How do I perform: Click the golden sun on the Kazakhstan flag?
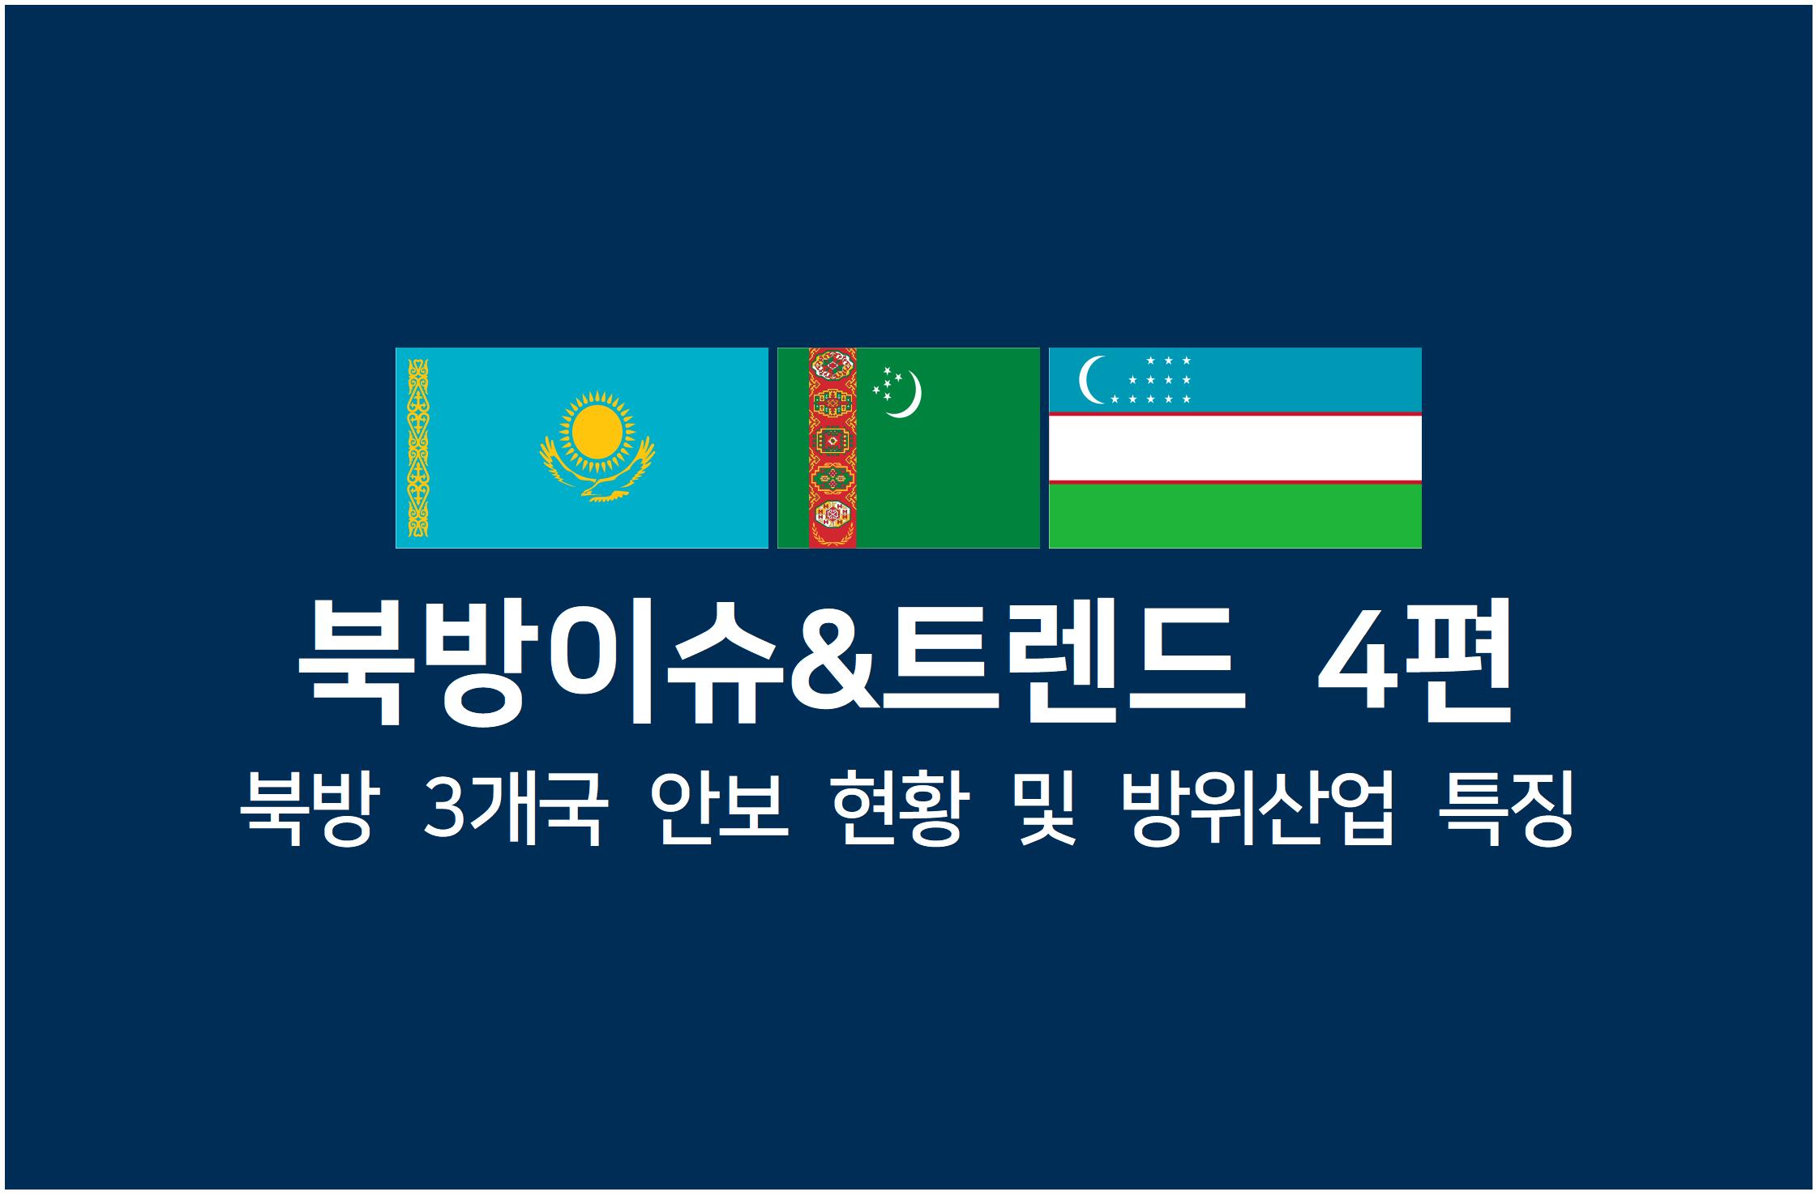pyautogui.click(x=597, y=429)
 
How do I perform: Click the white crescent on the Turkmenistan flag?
pyautogui.click(x=907, y=395)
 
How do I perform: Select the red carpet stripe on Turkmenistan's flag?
pyautogui.click(x=832, y=448)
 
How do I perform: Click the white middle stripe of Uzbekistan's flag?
pyautogui.click(x=1235, y=448)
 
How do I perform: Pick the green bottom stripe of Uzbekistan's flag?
pyautogui.click(x=1235, y=516)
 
